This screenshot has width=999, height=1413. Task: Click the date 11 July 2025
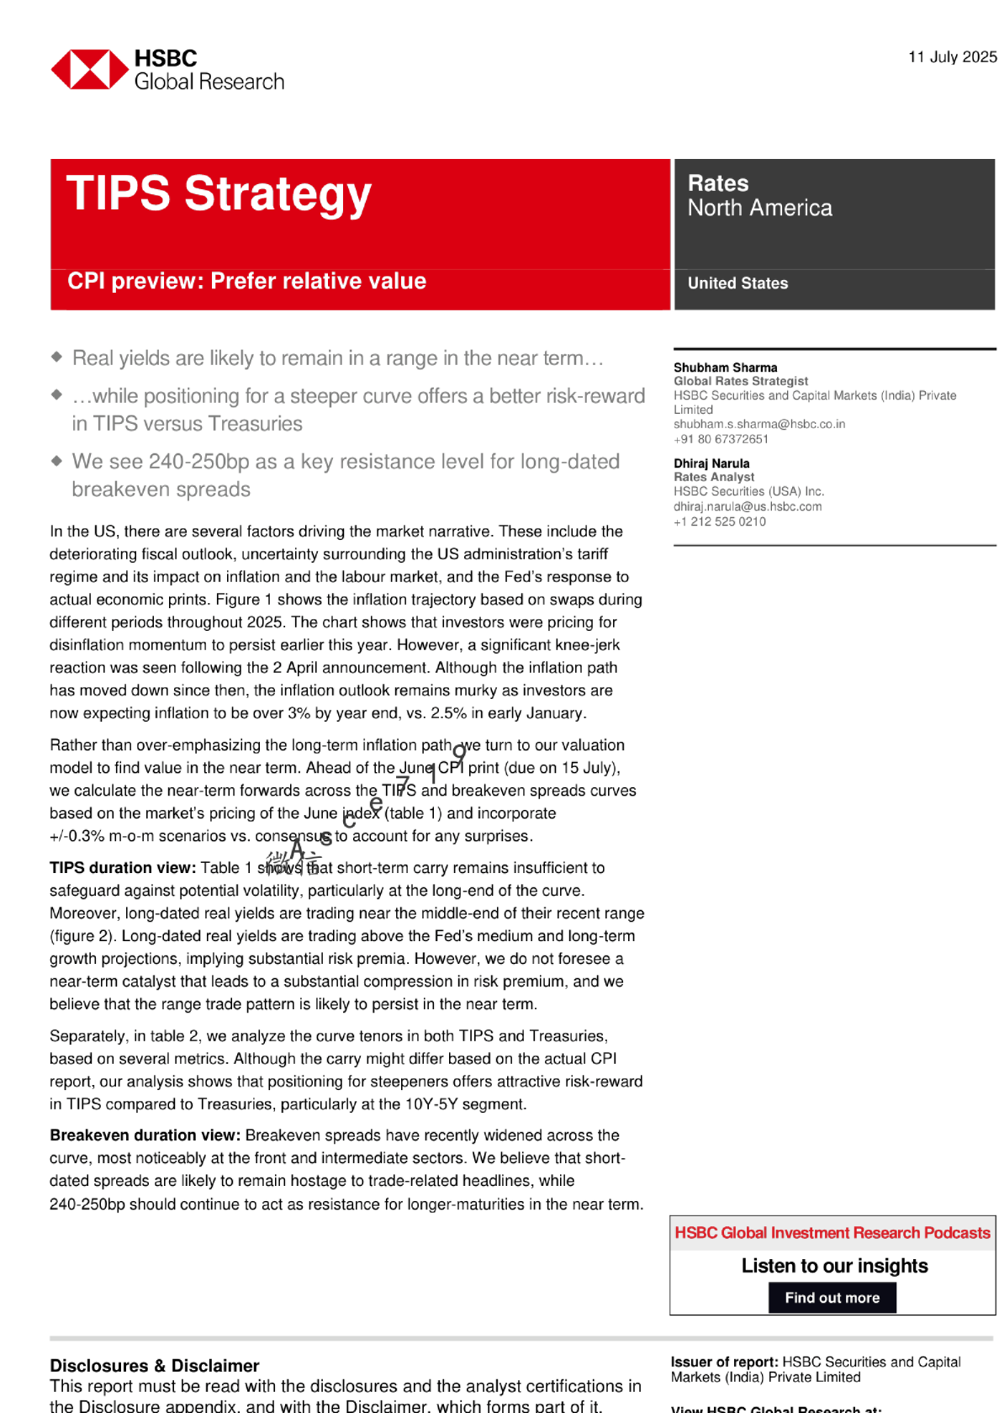click(952, 57)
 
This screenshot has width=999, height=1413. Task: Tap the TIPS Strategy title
click(219, 193)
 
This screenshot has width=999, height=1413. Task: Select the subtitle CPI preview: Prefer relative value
click(246, 281)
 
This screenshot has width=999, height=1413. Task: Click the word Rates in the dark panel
click(717, 183)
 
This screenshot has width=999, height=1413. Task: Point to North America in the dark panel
click(759, 209)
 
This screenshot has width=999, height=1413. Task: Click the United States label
click(737, 283)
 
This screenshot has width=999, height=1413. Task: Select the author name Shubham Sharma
click(725, 368)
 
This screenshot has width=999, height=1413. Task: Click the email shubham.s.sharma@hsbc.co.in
click(758, 424)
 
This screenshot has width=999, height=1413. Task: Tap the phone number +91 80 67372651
click(721, 439)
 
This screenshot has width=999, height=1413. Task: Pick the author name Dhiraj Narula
click(711, 463)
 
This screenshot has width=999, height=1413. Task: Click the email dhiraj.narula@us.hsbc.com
click(748, 506)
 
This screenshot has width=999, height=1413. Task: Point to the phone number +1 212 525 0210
click(719, 521)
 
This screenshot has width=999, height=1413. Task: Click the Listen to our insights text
click(834, 1266)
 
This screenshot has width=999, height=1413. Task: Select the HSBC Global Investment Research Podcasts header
click(832, 1233)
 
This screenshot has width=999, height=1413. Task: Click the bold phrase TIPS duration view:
click(123, 868)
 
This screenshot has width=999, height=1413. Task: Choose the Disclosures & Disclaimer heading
click(154, 1366)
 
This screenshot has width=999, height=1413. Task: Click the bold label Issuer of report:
click(724, 1362)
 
